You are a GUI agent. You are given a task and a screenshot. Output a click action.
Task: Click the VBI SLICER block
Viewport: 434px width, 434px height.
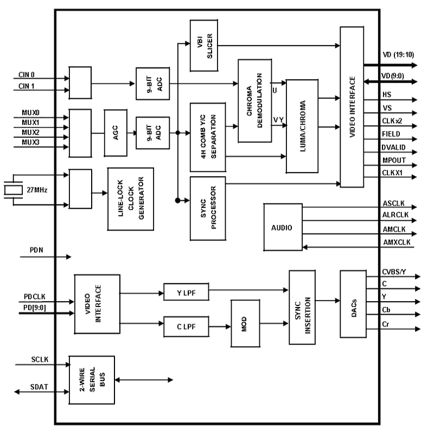203,46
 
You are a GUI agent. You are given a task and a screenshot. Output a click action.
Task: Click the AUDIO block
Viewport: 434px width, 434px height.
282,227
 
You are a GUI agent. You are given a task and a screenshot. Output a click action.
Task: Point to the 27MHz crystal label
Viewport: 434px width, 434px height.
37,190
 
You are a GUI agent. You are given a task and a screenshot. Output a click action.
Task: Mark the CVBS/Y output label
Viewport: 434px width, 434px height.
394,272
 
